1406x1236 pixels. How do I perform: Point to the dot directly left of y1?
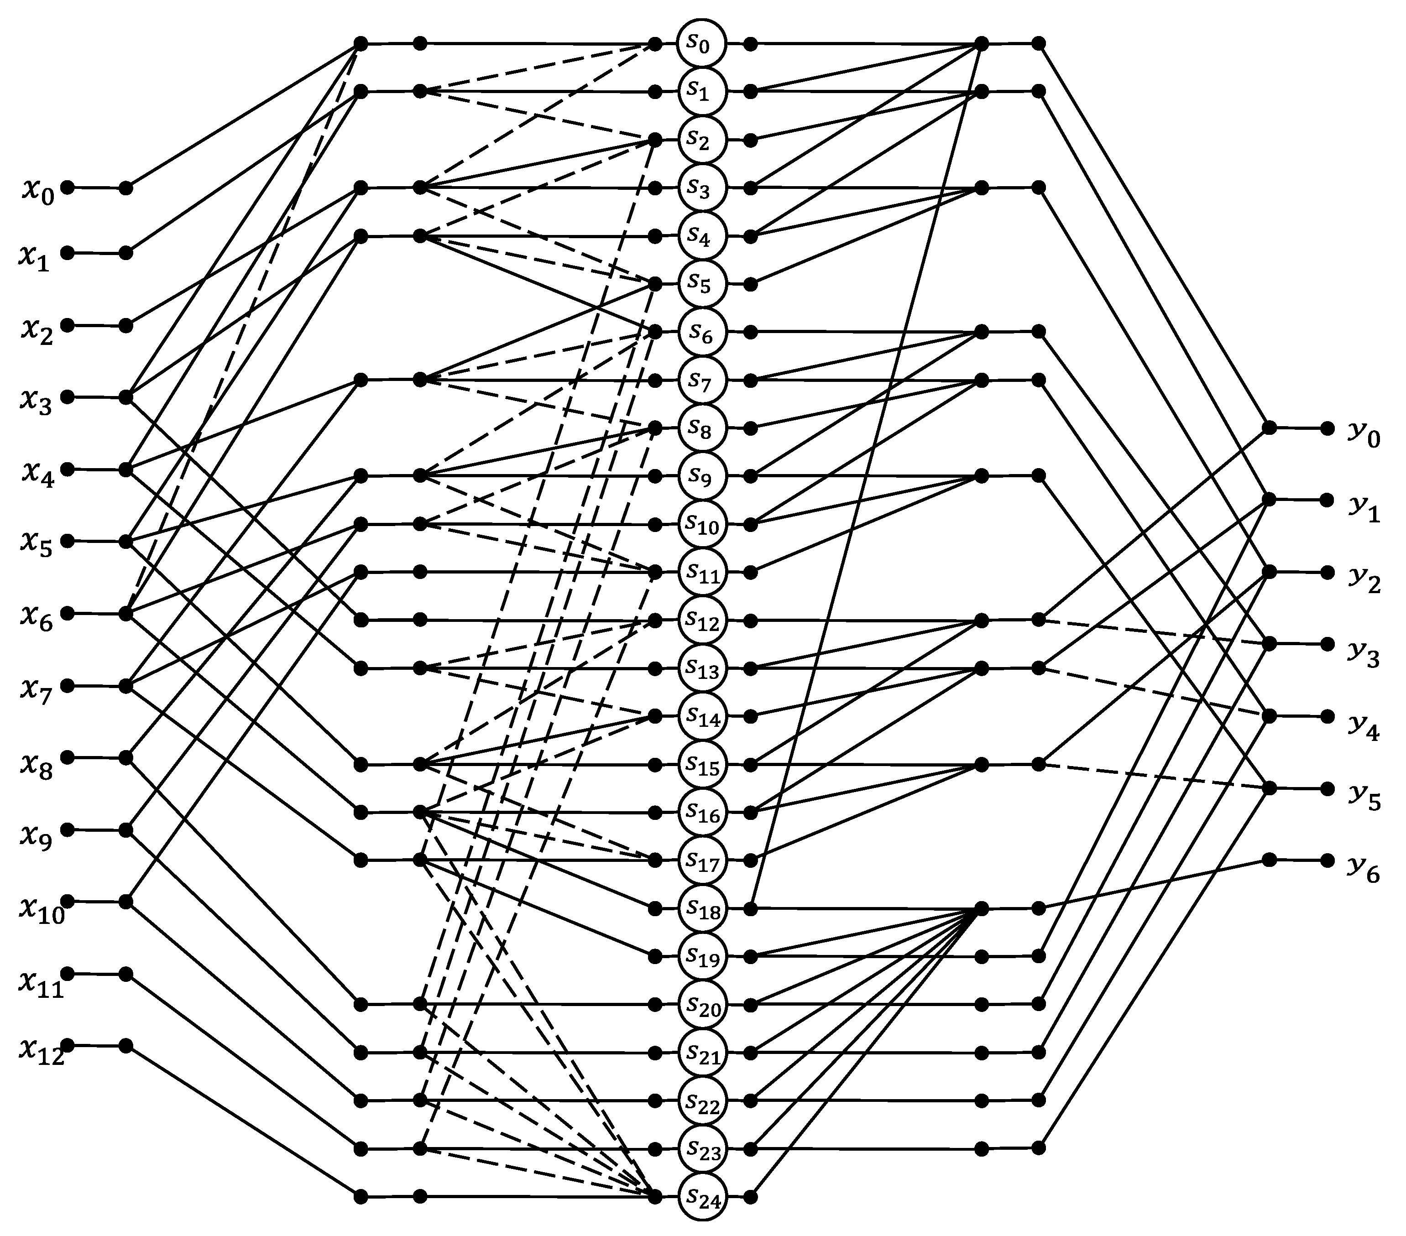tap(1328, 500)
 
